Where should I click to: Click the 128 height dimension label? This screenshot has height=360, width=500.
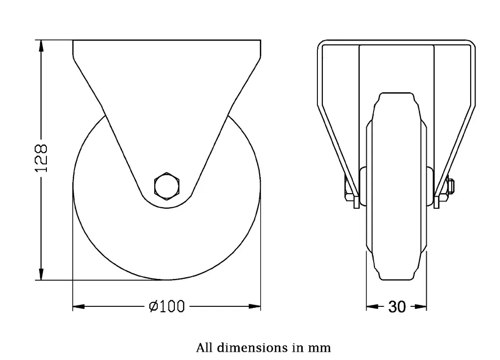42,158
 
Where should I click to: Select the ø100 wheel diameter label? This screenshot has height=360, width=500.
167,307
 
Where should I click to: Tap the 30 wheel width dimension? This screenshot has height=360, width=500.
397,307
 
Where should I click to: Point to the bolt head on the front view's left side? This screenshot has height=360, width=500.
346,190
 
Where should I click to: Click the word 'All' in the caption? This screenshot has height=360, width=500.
204,348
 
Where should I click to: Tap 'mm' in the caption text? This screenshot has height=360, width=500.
319,348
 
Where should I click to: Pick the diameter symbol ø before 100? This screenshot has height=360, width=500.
153,307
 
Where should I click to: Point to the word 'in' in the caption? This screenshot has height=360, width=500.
298,348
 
